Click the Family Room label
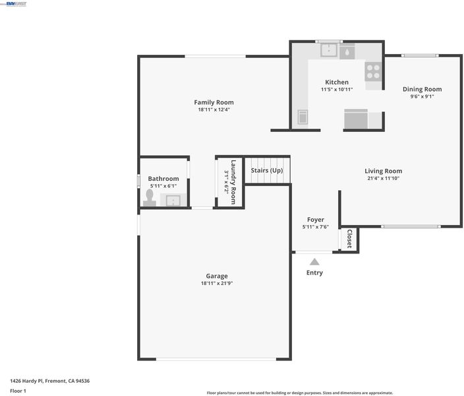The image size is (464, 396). point(214,102)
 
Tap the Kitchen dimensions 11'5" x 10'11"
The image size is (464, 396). point(337,89)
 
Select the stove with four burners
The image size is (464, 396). point(373,71)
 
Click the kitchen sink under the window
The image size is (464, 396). point(329,50)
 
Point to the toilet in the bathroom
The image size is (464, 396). point(150,198)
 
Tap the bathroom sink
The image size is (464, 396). point(173,201)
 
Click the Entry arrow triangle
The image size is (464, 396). point(314,262)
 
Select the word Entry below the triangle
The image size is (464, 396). point(314,273)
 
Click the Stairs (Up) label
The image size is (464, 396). point(267,170)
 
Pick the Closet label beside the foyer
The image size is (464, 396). point(349,239)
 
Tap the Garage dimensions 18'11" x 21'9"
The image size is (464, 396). point(217,283)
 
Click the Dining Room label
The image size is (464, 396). point(422,89)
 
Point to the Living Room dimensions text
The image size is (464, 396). point(383,178)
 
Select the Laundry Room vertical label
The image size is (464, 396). point(233,182)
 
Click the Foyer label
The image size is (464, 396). point(316,220)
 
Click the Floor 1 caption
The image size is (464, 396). point(18,391)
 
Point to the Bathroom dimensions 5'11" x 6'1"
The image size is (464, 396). point(163,186)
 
